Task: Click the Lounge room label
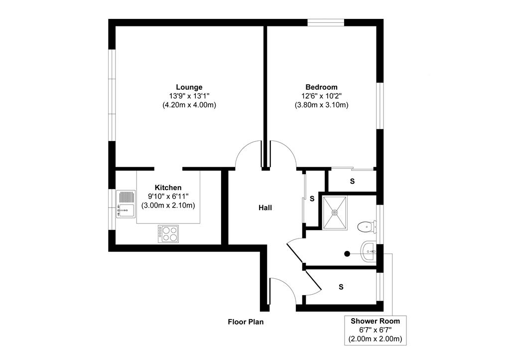pyautogui.click(x=189, y=87)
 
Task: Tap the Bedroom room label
pyautogui.click(x=321, y=87)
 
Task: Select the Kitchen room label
pyautogui.click(x=168, y=188)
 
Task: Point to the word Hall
pyautogui.click(x=265, y=208)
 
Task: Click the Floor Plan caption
pyautogui.click(x=246, y=322)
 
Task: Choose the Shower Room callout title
pyautogui.click(x=375, y=321)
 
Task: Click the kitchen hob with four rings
pyautogui.click(x=168, y=234)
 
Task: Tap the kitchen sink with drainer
pyautogui.click(x=126, y=204)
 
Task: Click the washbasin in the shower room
pyautogui.click(x=369, y=251)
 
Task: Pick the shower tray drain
pyautogui.click(x=335, y=212)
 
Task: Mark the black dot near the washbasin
pyautogui.click(x=347, y=253)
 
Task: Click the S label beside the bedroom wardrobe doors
pyautogui.click(x=352, y=181)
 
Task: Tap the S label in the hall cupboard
pyautogui.click(x=312, y=198)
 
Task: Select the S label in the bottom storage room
pyautogui.click(x=341, y=287)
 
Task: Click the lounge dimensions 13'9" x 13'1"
pyautogui.click(x=189, y=96)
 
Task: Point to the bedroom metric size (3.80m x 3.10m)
pyautogui.click(x=321, y=105)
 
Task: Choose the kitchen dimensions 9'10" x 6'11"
pyautogui.click(x=168, y=196)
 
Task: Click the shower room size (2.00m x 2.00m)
pyautogui.click(x=375, y=339)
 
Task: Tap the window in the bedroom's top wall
pyautogui.click(x=326, y=22)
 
